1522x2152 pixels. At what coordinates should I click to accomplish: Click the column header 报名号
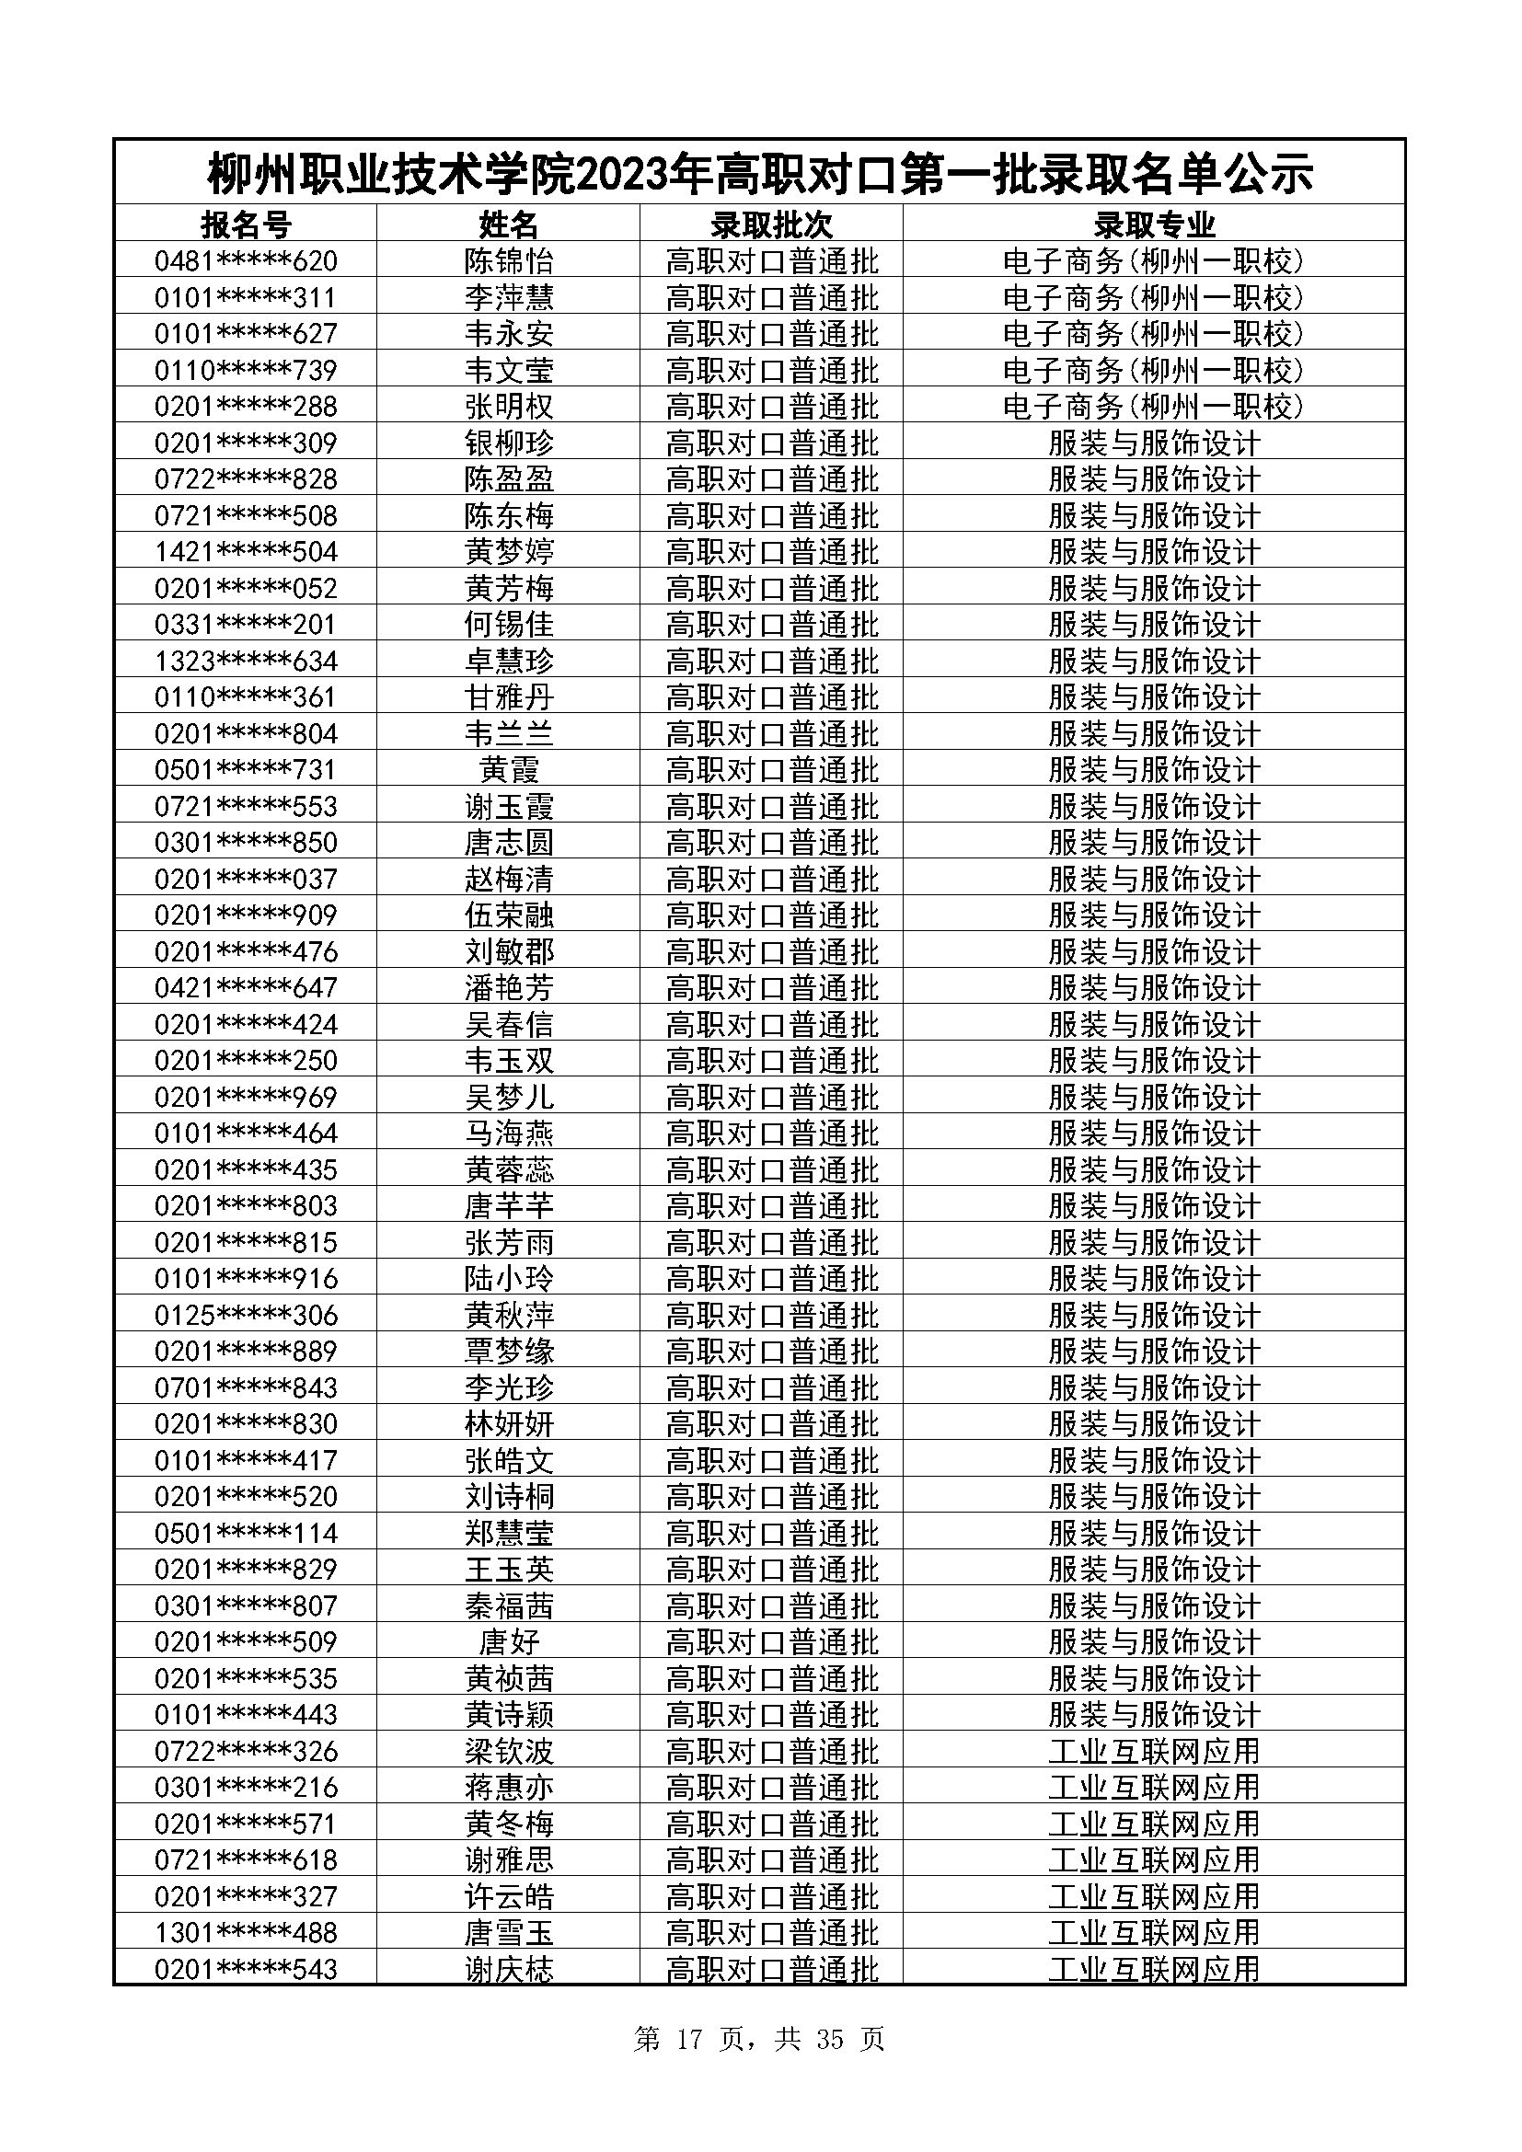[246, 224]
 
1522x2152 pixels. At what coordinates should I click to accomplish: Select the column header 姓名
[509, 224]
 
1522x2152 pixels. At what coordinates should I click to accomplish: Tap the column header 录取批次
[771, 224]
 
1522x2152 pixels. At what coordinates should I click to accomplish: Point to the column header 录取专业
[1154, 224]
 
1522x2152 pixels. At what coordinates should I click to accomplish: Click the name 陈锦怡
[509, 260]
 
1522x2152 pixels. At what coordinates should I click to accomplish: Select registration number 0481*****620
[246, 260]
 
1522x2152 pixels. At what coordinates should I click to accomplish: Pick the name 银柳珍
[509, 443]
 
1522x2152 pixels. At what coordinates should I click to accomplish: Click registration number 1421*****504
[246, 551]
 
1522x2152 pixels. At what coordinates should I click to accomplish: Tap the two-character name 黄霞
[509, 769]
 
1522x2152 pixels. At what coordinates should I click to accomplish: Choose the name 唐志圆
[509, 843]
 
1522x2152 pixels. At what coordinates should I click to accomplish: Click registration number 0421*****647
[246, 988]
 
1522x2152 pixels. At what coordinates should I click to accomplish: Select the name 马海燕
[509, 1134]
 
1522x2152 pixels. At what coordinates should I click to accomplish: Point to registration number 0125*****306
[246, 1315]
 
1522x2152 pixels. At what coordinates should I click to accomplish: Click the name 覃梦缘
[509, 1352]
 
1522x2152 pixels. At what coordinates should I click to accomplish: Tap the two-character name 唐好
[509, 1642]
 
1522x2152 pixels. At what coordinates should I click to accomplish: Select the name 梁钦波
[509, 1751]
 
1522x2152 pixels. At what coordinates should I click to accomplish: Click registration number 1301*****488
[246, 1933]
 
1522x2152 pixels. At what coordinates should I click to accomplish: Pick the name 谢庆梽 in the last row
[509, 1969]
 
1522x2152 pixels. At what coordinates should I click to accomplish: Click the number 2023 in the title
[648, 174]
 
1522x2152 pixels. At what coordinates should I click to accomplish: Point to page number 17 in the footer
[688, 2040]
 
